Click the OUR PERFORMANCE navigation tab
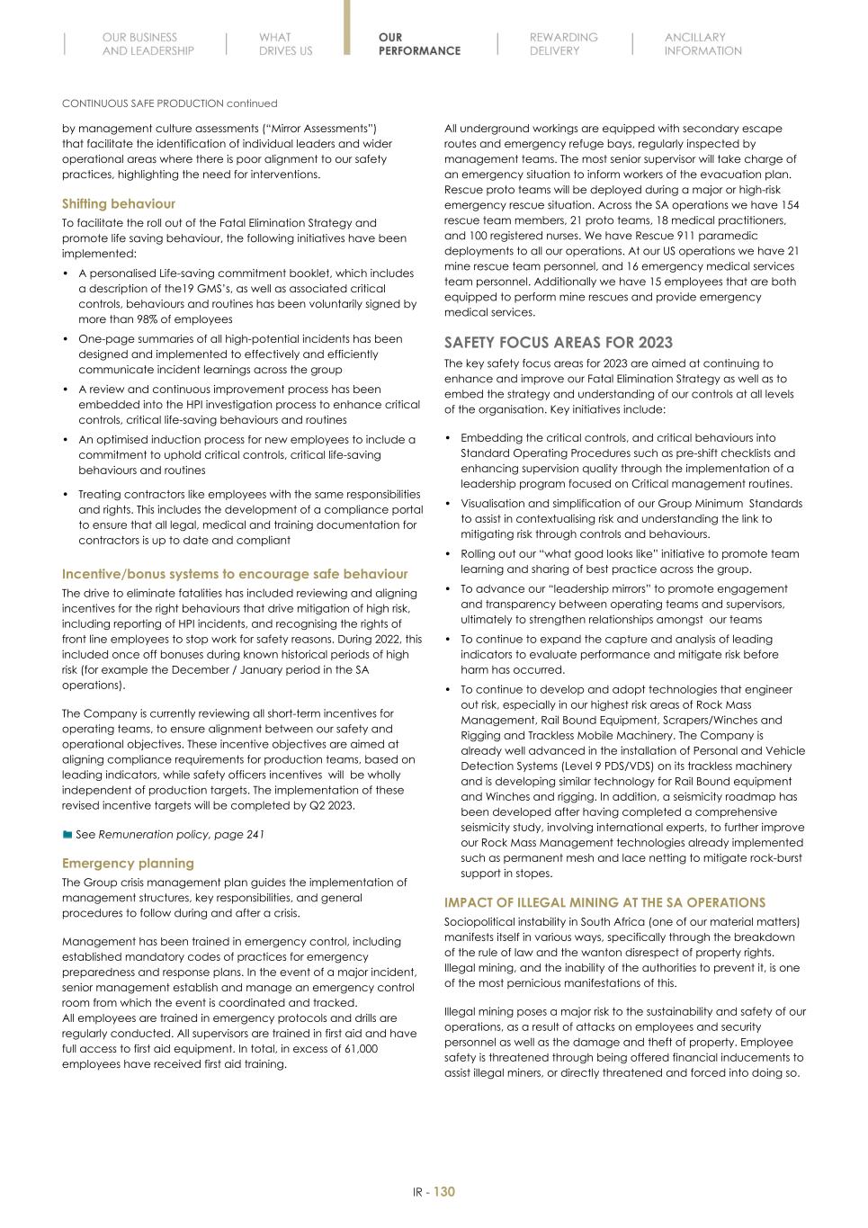tap(418, 44)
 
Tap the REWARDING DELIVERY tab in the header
tap(563, 44)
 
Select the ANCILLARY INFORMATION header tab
tap(702, 44)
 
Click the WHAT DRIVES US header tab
tap(285, 44)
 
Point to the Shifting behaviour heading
tap(118, 204)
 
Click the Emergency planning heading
tap(128, 864)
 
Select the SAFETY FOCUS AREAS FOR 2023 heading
tap(558, 343)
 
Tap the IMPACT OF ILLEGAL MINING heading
tap(604, 902)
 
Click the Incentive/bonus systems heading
tap(234, 574)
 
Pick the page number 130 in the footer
tap(444, 1192)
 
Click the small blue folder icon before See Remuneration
tap(67, 835)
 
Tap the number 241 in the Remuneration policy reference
tap(255, 835)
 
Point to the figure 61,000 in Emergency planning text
tap(357, 1049)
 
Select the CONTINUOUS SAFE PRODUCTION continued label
tap(169, 103)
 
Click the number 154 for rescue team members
tap(788, 205)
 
